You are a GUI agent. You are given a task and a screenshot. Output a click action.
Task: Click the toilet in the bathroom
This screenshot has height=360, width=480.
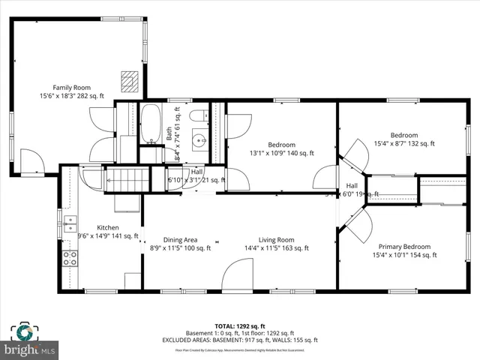coord(199,116)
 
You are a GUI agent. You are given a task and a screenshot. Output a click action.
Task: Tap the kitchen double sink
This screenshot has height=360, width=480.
coord(69,222)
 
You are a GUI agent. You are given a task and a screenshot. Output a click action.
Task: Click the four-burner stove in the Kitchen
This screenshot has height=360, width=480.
coord(69,259)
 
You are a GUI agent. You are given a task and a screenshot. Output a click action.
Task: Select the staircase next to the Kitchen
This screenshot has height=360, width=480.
coord(126,180)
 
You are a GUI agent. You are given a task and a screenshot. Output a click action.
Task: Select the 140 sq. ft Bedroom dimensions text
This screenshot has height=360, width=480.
coord(281,153)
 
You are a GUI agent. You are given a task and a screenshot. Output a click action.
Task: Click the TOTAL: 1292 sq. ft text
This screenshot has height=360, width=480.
coord(240,325)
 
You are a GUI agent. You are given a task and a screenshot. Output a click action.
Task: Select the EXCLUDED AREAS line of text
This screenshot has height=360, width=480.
coord(240,340)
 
